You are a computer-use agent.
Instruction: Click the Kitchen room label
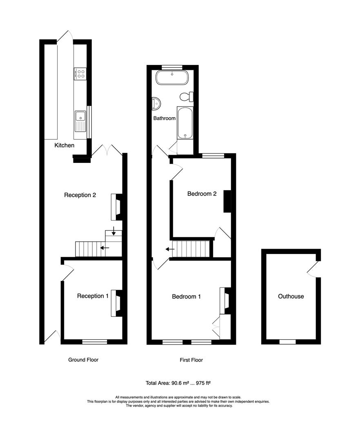pos(64,145)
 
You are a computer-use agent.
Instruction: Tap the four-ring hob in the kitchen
pos(80,73)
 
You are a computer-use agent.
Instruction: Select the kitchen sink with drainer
pos(80,122)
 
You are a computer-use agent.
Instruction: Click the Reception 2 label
pos(80,195)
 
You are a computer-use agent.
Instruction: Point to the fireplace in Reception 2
pos(117,207)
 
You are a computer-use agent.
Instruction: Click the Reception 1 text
pos(93,296)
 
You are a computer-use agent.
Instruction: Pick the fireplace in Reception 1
pos(117,303)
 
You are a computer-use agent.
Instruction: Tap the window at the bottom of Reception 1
pos(95,342)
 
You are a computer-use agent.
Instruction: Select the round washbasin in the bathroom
pos(156,103)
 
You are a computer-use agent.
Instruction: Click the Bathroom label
pos(164,118)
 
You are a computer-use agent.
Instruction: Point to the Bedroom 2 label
pos(202,194)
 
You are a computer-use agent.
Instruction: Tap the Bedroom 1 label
pos(186,296)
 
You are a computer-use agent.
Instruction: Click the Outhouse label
pos(291,296)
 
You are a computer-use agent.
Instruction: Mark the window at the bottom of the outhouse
pos(287,342)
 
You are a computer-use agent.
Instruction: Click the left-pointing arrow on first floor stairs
pos(170,249)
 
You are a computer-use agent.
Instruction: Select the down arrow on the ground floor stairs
pos(113,231)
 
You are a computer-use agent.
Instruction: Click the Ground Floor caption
pos(83,360)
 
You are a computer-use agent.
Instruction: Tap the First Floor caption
pos(191,360)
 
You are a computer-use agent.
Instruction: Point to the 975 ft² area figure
pos(203,383)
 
